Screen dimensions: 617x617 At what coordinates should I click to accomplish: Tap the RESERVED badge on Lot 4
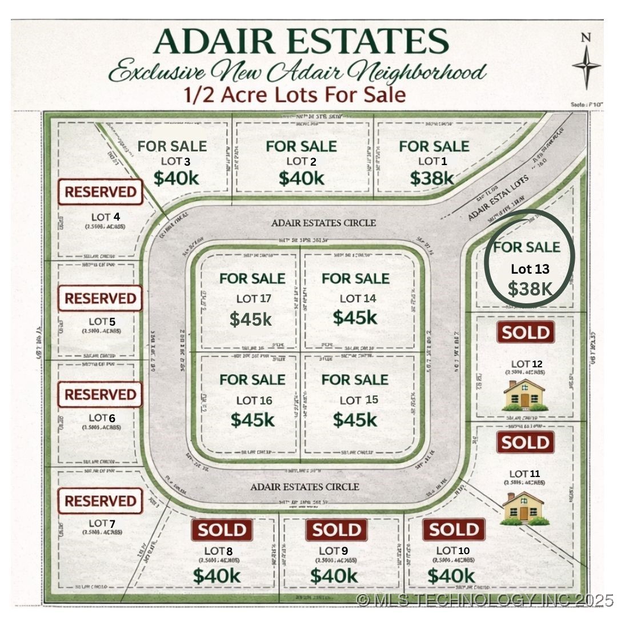pyautogui.click(x=100, y=192)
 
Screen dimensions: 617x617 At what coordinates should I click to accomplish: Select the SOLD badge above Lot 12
pyautogui.click(x=526, y=332)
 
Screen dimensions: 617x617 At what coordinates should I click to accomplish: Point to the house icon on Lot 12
pyautogui.click(x=524, y=395)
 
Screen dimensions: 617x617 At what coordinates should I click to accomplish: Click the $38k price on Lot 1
pyautogui.click(x=432, y=178)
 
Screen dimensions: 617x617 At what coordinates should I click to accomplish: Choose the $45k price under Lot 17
pyautogui.click(x=251, y=319)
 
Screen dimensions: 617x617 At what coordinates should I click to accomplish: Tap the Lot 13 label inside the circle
pyautogui.click(x=530, y=269)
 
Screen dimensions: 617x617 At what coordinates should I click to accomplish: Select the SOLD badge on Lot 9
pyautogui.click(x=336, y=530)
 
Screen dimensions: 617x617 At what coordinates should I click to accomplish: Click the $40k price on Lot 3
pyautogui.click(x=176, y=178)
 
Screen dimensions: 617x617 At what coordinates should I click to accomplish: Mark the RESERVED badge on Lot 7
pyautogui.click(x=100, y=501)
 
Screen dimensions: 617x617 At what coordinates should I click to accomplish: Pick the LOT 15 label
pyautogui.click(x=359, y=400)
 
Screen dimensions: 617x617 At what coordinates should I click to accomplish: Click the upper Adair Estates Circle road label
pyautogui.click(x=323, y=223)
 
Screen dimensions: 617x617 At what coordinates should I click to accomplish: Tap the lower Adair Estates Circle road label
pyautogui.click(x=305, y=487)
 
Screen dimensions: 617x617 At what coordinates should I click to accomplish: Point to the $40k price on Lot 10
pyautogui.click(x=451, y=575)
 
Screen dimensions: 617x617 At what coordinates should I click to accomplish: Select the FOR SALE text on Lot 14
pyautogui.click(x=355, y=279)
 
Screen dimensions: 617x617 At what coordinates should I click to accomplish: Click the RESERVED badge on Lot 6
pyautogui.click(x=100, y=395)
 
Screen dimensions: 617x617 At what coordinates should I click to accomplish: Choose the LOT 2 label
pyautogui.click(x=301, y=162)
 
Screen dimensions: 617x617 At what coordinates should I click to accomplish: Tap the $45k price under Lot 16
pyautogui.click(x=253, y=420)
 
